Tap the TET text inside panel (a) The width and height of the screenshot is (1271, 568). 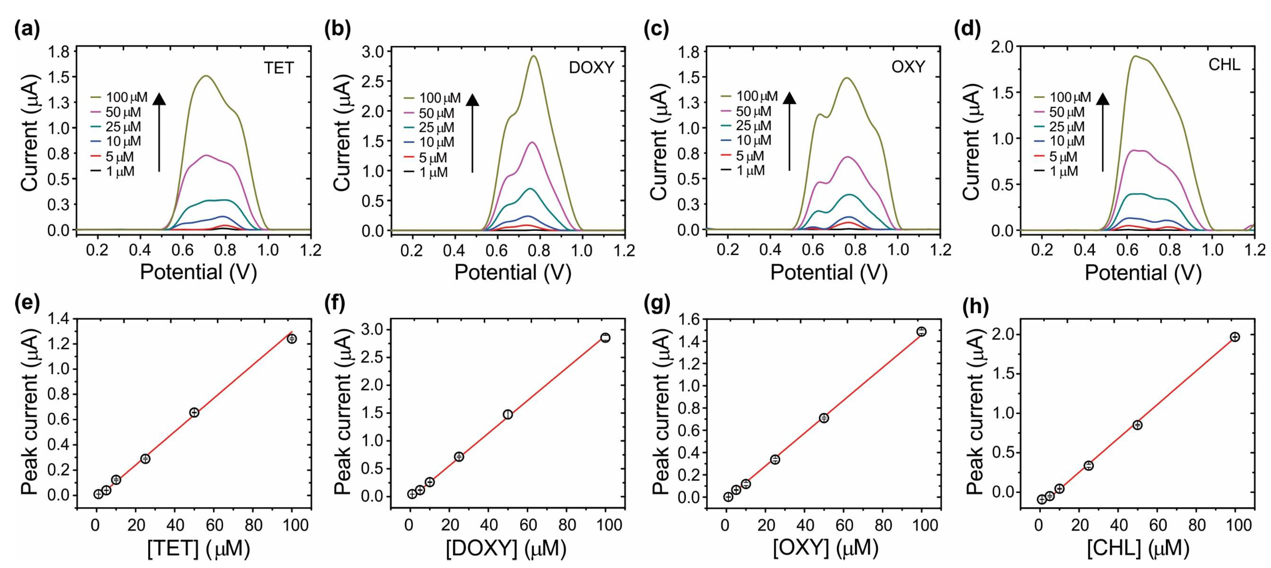click(x=278, y=68)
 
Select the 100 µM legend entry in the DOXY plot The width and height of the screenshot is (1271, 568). click(x=433, y=98)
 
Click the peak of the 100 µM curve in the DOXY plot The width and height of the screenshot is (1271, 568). click(x=534, y=56)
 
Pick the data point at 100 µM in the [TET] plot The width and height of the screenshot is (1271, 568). click(x=291, y=339)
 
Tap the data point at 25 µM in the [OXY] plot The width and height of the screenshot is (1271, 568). click(x=775, y=459)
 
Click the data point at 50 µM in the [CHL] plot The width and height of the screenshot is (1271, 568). click(x=1137, y=425)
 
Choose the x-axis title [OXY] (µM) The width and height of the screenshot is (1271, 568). click(x=825, y=548)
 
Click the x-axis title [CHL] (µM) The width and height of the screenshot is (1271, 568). click(x=1138, y=548)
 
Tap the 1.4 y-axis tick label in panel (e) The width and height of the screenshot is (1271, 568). click(x=58, y=320)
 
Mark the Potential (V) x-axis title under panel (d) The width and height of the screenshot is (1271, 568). click(x=1143, y=272)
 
